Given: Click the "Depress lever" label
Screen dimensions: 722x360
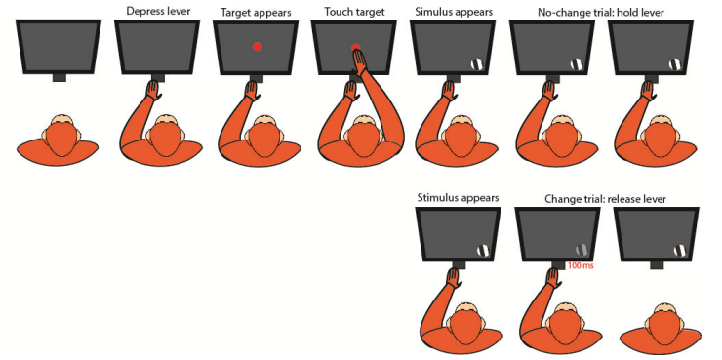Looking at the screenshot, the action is [158, 11].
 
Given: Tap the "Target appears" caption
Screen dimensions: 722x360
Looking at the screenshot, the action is [256, 13].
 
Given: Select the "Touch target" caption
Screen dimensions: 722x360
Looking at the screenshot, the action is [354, 13].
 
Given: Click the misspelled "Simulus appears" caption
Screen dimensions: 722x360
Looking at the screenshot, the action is [453, 13].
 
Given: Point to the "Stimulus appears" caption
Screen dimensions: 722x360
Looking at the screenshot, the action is [458, 198].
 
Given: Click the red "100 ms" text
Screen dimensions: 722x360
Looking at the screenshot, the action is [580, 265].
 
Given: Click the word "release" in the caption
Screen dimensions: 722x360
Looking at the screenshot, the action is [622, 199].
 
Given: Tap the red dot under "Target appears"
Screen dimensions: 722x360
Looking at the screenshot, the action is [258, 46].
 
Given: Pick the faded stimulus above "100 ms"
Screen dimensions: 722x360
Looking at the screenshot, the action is [582, 250].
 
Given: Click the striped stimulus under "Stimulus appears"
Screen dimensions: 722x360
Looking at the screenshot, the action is [483, 250].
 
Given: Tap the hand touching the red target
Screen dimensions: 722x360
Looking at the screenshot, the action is [359, 60].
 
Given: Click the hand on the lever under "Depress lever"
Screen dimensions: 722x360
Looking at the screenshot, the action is [153, 90].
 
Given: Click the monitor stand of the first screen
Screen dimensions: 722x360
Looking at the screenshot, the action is [59, 78].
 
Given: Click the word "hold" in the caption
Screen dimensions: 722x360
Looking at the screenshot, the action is [634, 13].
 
